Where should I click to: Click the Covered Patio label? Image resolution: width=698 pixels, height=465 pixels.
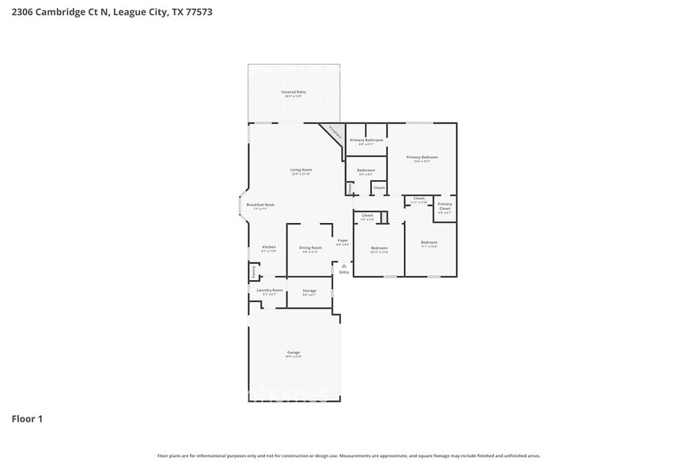click(294, 93)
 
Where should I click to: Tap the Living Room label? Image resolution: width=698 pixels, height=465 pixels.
click(301, 170)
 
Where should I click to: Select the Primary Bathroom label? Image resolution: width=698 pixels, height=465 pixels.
click(366, 140)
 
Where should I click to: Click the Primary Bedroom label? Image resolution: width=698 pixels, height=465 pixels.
click(422, 157)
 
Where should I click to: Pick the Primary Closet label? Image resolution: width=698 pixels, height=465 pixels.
click(445, 206)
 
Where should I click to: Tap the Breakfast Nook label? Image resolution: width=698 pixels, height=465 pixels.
click(260, 205)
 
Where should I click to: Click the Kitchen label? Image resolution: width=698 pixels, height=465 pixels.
click(269, 248)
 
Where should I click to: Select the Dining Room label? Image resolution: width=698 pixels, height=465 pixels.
click(310, 248)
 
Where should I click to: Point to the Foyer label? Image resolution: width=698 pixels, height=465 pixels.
click(343, 240)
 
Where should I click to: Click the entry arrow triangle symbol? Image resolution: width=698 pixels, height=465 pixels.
click(343, 266)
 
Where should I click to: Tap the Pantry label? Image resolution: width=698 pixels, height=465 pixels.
click(253, 271)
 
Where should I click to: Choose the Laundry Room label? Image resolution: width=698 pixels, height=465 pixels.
click(270, 290)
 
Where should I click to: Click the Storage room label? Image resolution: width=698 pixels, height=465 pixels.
click(309, 291)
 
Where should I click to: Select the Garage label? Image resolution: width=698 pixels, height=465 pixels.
click(294, 353)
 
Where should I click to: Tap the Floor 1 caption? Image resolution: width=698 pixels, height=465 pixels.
click(27, 418)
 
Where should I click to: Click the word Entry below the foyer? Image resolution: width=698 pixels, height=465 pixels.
click(343, 272)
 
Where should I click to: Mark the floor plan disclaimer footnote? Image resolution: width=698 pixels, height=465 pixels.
click(349, 456)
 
